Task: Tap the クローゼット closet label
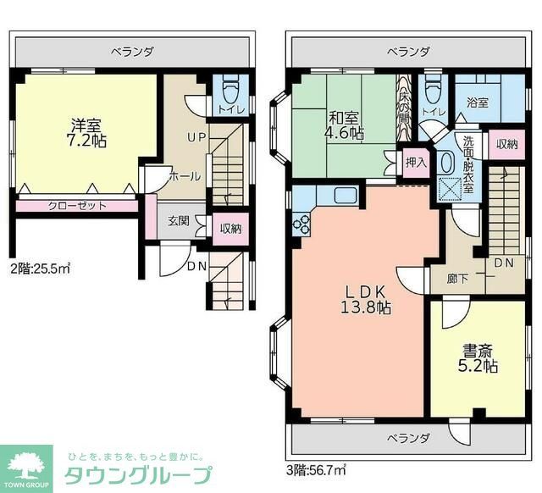[x=76, y=206]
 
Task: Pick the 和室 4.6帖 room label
[x=345, y=125]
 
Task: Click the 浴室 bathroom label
[x=477, y=102]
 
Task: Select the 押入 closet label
[x=415, y=163]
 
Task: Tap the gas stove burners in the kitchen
[x=302, y=224]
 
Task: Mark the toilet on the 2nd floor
[x=230, y=88]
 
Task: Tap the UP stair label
[x=196, y=137]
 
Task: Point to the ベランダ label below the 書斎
[x=408, y=438]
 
